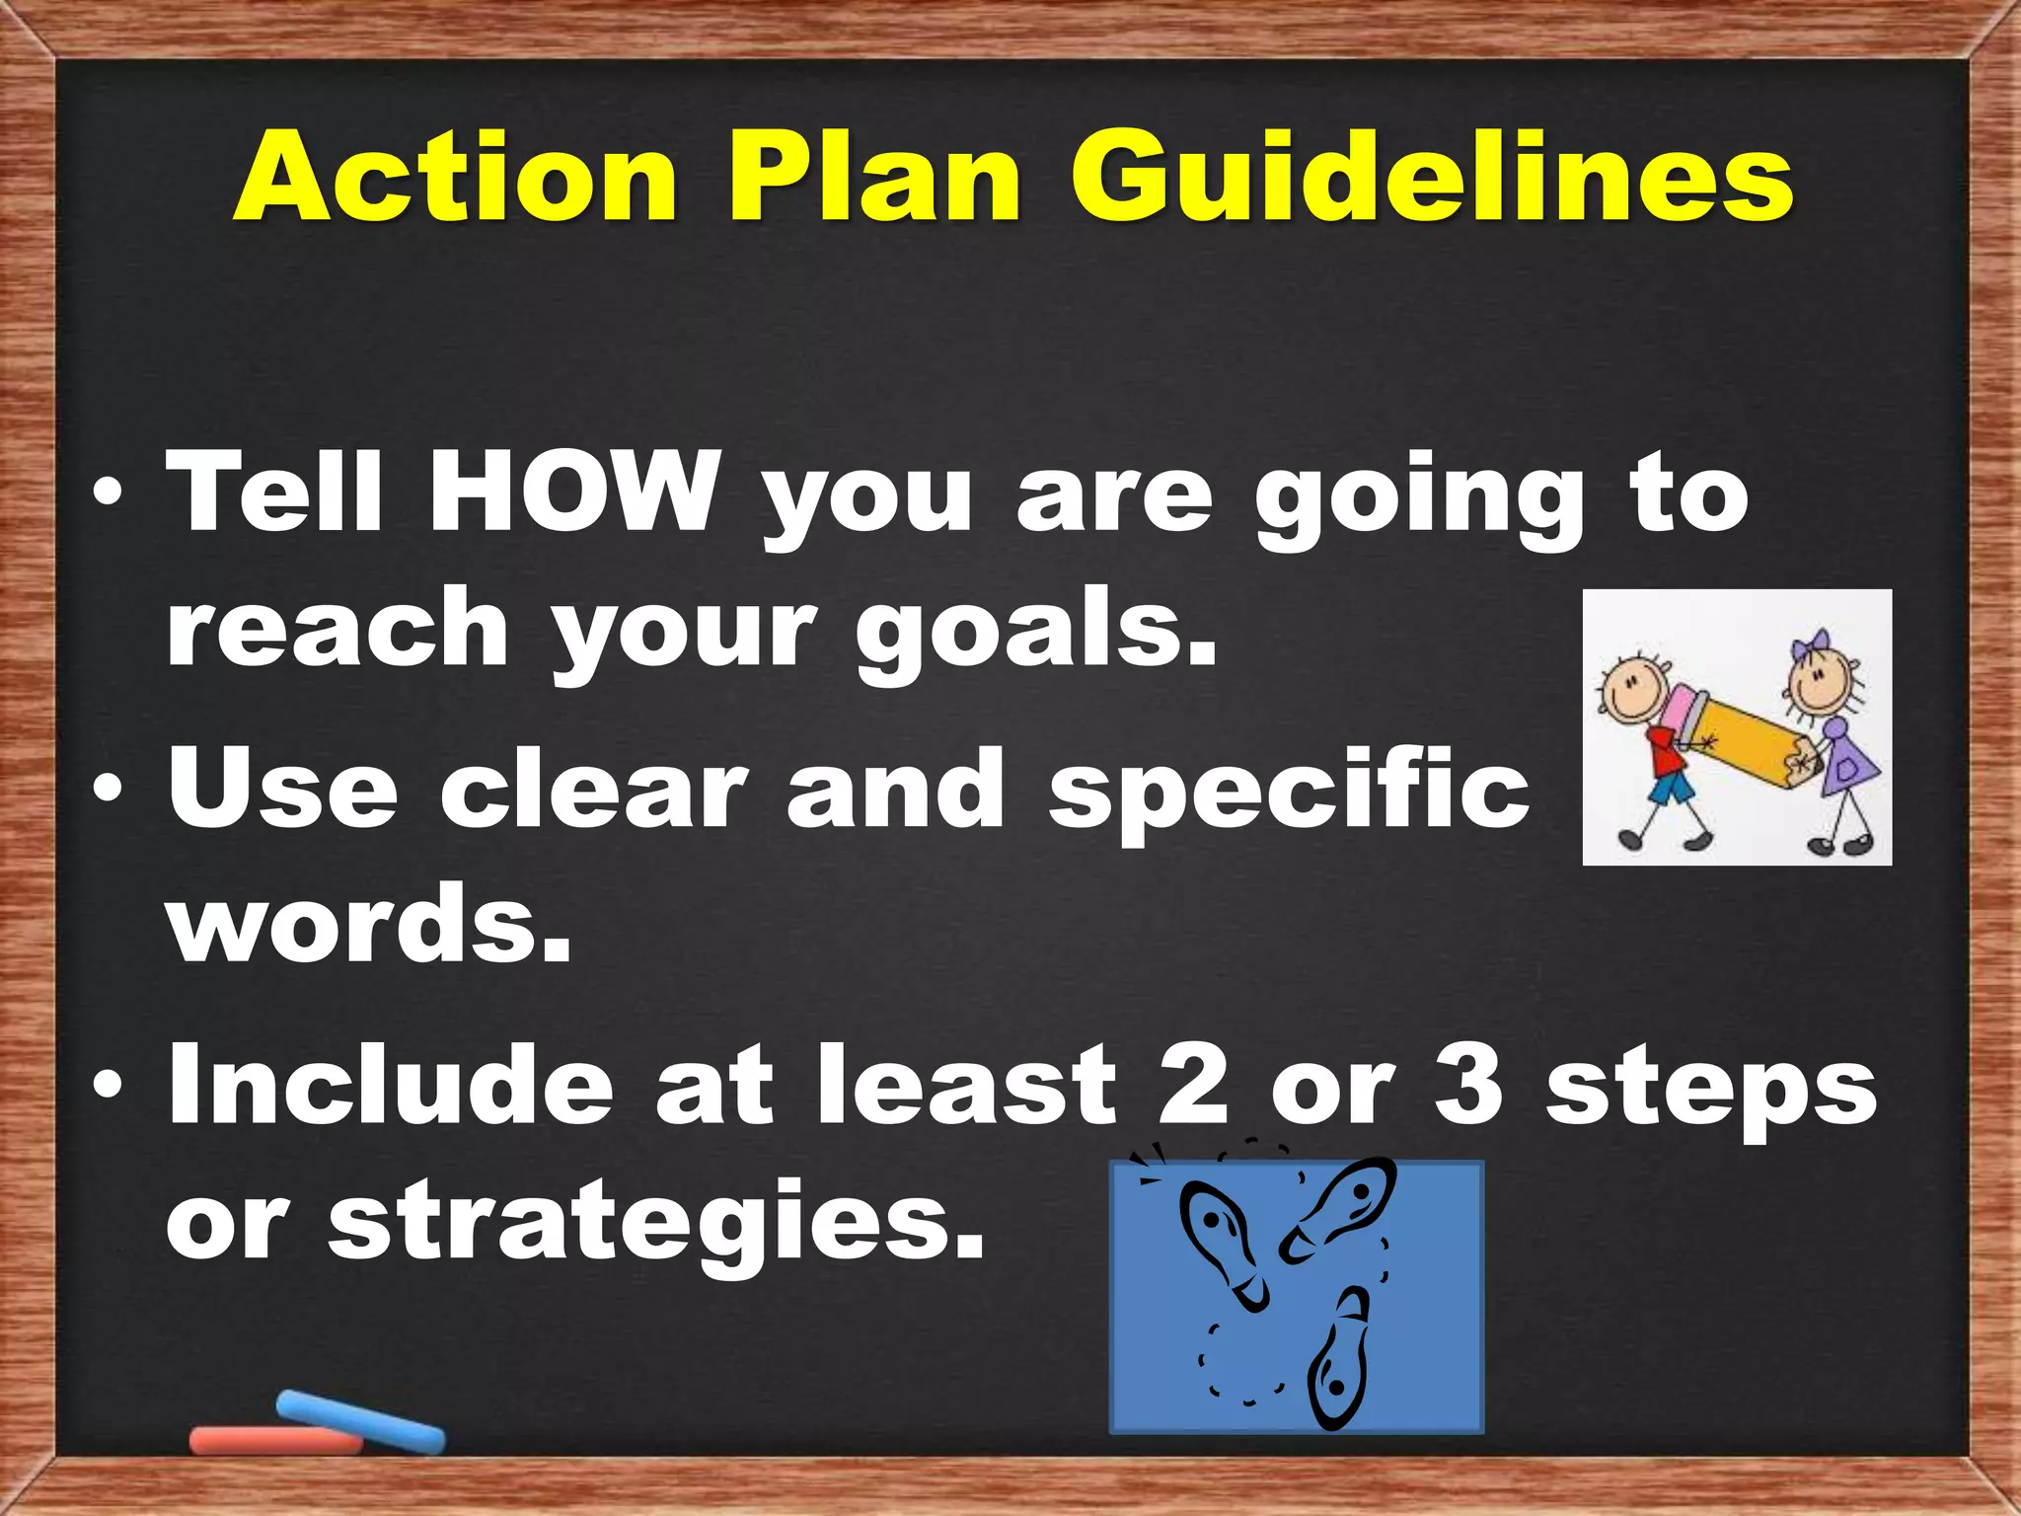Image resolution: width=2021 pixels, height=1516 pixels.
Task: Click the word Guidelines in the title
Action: [x=1432, y=178]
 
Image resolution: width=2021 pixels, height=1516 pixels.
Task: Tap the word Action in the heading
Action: [x=455, y=178]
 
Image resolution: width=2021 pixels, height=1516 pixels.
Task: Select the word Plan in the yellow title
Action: [x=874, y=178]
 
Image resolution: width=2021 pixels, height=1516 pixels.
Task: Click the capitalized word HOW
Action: [x=572, y=491]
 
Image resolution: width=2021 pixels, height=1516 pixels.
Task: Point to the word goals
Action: [x=1036, y=632]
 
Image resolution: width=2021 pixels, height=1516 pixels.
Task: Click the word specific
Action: [x=1289, y=790]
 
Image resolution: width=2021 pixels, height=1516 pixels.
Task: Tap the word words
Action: [x=370, y=923]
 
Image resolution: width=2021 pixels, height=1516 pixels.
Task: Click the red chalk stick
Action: [x=274, y=1440]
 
